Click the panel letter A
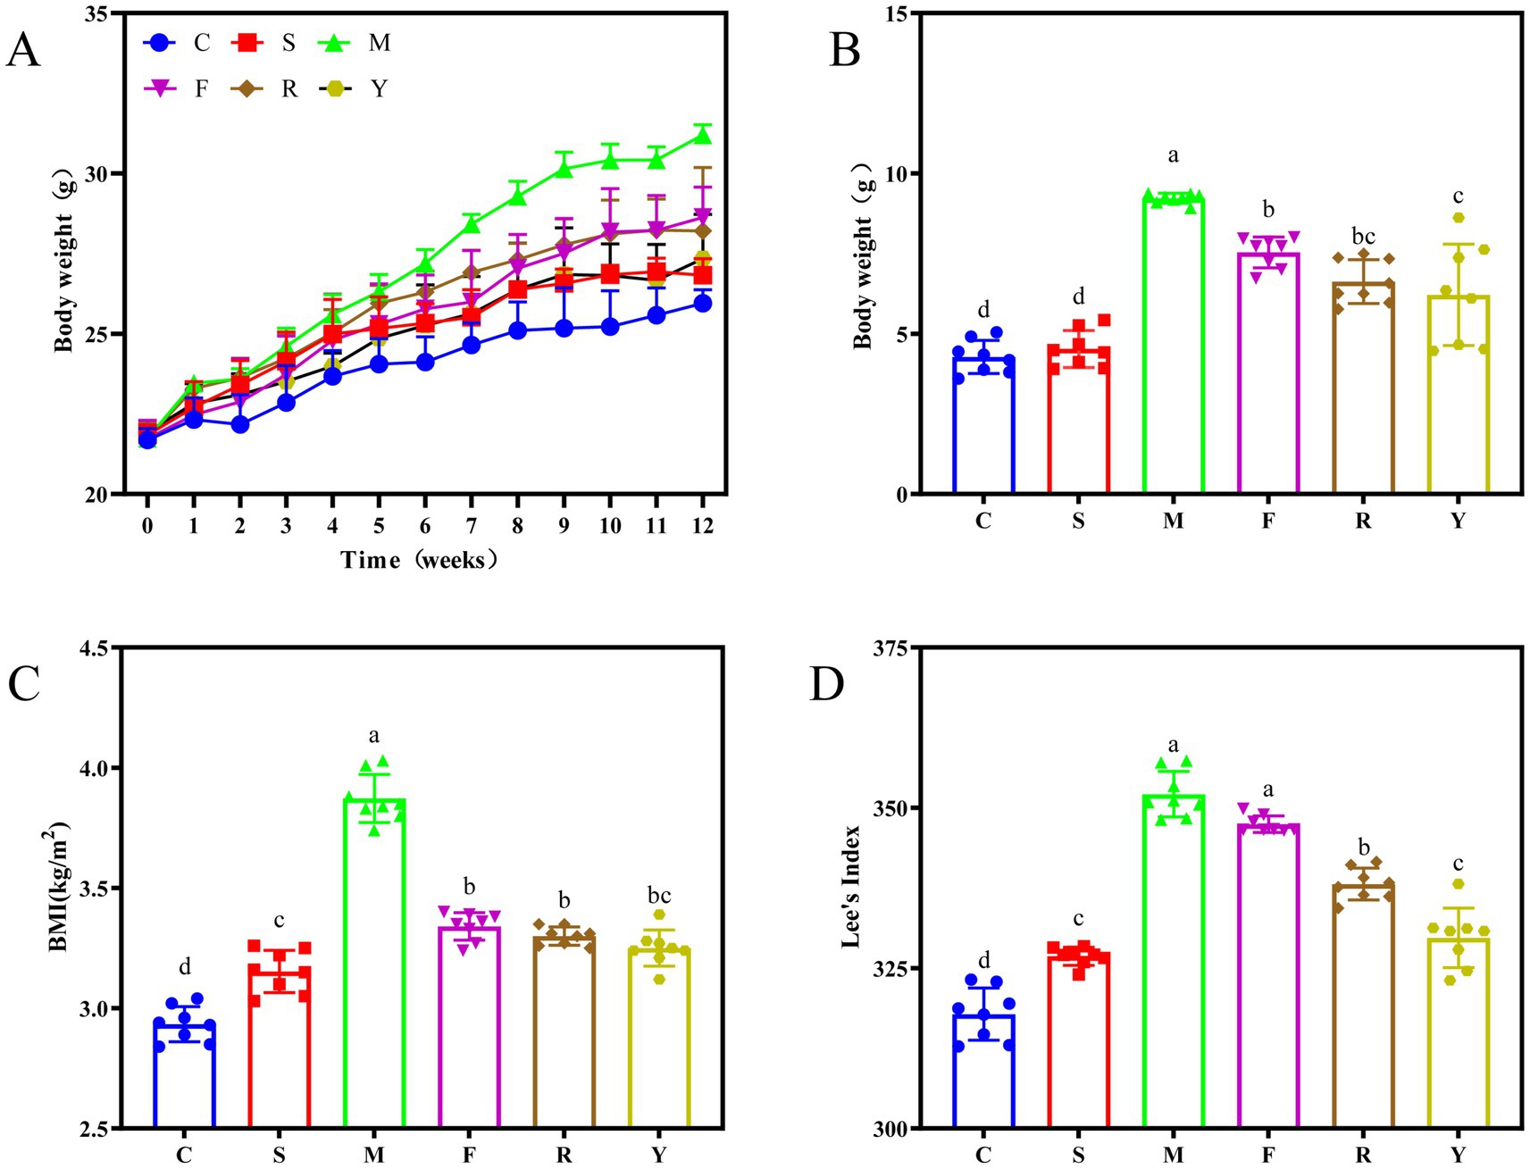click(22, 51)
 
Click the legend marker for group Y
click(336, 88)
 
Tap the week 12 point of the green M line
click(702, 136)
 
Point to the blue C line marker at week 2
click(239, 424)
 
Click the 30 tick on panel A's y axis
click(97, 173)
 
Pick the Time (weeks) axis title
click(419, 560)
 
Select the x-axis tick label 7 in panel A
click(472, 526)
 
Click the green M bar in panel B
click(1173, 348)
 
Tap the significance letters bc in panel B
click(1362, 237)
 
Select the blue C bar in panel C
click(184, 1076)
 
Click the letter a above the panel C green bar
click(374, 736)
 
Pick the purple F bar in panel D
click(1267, 978)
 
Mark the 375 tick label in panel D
click(890, 647)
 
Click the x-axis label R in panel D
click(1362, 1155)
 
